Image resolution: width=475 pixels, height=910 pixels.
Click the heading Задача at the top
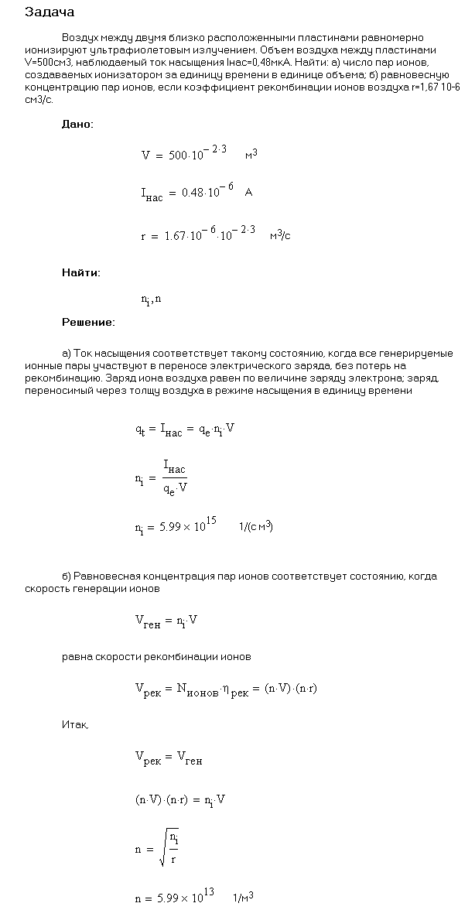coord(50,12)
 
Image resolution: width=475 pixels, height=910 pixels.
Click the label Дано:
coord(77,124)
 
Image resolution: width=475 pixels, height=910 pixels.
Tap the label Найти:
coord(80,272)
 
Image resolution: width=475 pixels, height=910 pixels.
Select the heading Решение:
coord(88,321)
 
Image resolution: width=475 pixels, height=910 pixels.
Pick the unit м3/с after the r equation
coord(280,235)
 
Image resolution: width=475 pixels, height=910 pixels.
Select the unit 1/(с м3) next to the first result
coord(256,527)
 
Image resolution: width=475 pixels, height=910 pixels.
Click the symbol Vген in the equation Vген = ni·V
coord(147,621)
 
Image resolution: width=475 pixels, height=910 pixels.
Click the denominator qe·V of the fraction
coord(176,488)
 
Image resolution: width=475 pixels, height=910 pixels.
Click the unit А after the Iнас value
coord(248,193)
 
